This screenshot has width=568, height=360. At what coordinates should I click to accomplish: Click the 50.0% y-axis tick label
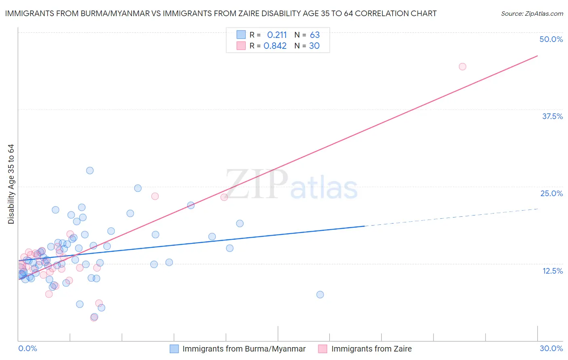click(551, 39)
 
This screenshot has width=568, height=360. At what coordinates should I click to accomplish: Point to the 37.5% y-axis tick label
click(552, 116)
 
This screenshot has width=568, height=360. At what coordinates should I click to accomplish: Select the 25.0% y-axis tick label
click(551, 193)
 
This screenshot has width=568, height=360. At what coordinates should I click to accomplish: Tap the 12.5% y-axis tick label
click(552, 271)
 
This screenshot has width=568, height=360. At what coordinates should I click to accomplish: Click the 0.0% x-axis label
click(27, 348)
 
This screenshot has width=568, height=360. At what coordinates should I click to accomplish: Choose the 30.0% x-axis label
click(551, 348)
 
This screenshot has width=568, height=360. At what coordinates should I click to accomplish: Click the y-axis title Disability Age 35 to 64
click(11, 184)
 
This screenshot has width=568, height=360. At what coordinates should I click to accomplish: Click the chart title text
click(221, 13)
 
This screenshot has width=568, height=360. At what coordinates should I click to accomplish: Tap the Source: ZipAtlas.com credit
click(532, 13)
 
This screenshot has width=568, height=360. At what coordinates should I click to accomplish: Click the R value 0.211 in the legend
click(277, 35)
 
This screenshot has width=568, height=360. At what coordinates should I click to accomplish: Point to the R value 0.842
click(275, 46)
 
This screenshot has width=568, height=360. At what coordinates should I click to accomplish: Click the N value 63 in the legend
click(315, 35)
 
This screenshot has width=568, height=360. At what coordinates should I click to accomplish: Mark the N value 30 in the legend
click(314, 46)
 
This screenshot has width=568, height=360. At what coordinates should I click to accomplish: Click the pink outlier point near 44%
click(463, 67)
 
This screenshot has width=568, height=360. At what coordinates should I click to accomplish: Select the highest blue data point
click(90, 170)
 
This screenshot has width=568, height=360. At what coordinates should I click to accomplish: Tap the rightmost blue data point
click(320, 295)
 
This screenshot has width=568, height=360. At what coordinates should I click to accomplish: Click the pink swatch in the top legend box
click(241, 46)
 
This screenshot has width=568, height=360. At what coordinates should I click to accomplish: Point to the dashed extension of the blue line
click(452, 218)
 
